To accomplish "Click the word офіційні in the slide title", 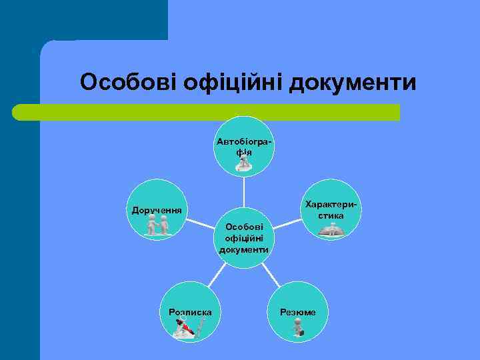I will coord(229,83).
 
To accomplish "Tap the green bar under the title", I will coord(207,112).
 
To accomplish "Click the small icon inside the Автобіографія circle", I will coord(243,163).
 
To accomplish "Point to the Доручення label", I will coord(157,211).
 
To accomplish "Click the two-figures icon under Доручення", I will coord(158,227).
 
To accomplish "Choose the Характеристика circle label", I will coord(331,210).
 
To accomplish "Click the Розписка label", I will coord(191,312).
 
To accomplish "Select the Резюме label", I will coord(298,312).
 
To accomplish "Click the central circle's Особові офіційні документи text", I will coord(244,238).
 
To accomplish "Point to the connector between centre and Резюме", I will coord(270,274).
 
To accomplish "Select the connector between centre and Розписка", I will coord(217,274).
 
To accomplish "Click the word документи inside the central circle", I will coord(244,250).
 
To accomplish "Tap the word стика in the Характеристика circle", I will coord(331,216).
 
